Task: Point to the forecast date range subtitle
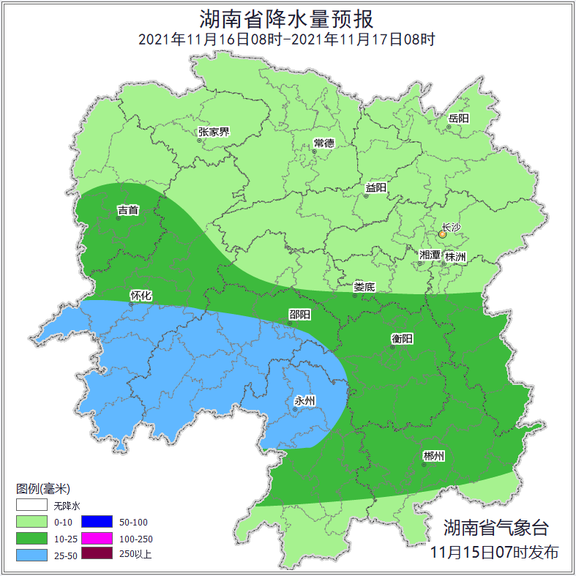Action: coord(287,40)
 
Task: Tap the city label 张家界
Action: coord(214,132)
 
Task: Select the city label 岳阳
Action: coord(459,119)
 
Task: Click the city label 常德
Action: coord(323,143)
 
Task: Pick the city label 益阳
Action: coord(376,188)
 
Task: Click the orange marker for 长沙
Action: coord(442,235)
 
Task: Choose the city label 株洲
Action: coord(455,257)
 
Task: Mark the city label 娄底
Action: coord(364,288)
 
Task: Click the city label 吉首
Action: coord(128,211)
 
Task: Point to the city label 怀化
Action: coord(141,296)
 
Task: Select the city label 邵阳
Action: coord(299,315)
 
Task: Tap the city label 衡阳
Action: coord(403,339)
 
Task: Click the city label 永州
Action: coord(304,401)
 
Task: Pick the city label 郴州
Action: coord(433,457)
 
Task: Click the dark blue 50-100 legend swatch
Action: coord(97,522)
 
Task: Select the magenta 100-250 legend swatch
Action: coord(97,538)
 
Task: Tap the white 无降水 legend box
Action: coord(31,506)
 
